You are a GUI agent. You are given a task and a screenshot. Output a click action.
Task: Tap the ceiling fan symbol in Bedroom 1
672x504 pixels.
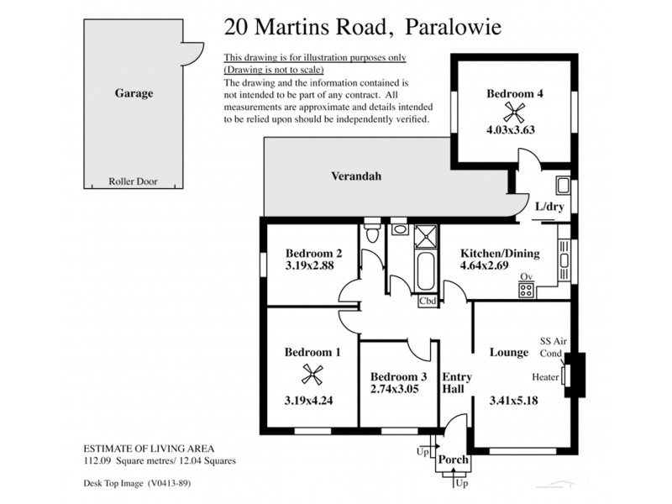pyautogui.click(x=312, y=375)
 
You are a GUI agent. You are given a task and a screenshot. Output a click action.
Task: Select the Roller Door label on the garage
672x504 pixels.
pyautogui.click(x=133, y=181)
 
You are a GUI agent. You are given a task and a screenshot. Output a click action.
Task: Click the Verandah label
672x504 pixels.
pyautogui.click(x=354, y=176)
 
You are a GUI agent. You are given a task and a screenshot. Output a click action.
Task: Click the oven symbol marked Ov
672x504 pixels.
pyautogui.click(x=527, y=290)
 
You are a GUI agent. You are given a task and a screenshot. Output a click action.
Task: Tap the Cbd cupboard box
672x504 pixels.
pyautogui.click(x=427, y=301)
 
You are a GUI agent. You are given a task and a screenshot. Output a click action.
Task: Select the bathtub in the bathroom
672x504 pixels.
pyautogui.click(x=426, y=270)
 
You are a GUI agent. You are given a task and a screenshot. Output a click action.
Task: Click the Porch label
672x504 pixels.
pyautogui.click(x=454, y=460)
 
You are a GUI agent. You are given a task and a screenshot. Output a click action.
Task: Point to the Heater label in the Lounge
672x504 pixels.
pyautogui.click(x=546, y=377)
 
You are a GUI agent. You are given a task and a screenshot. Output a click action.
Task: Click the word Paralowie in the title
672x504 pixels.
pyautogui.click(x=454, y=28)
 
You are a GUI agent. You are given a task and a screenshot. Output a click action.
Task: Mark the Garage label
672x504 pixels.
pyautogui.click(x=134, y=93)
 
